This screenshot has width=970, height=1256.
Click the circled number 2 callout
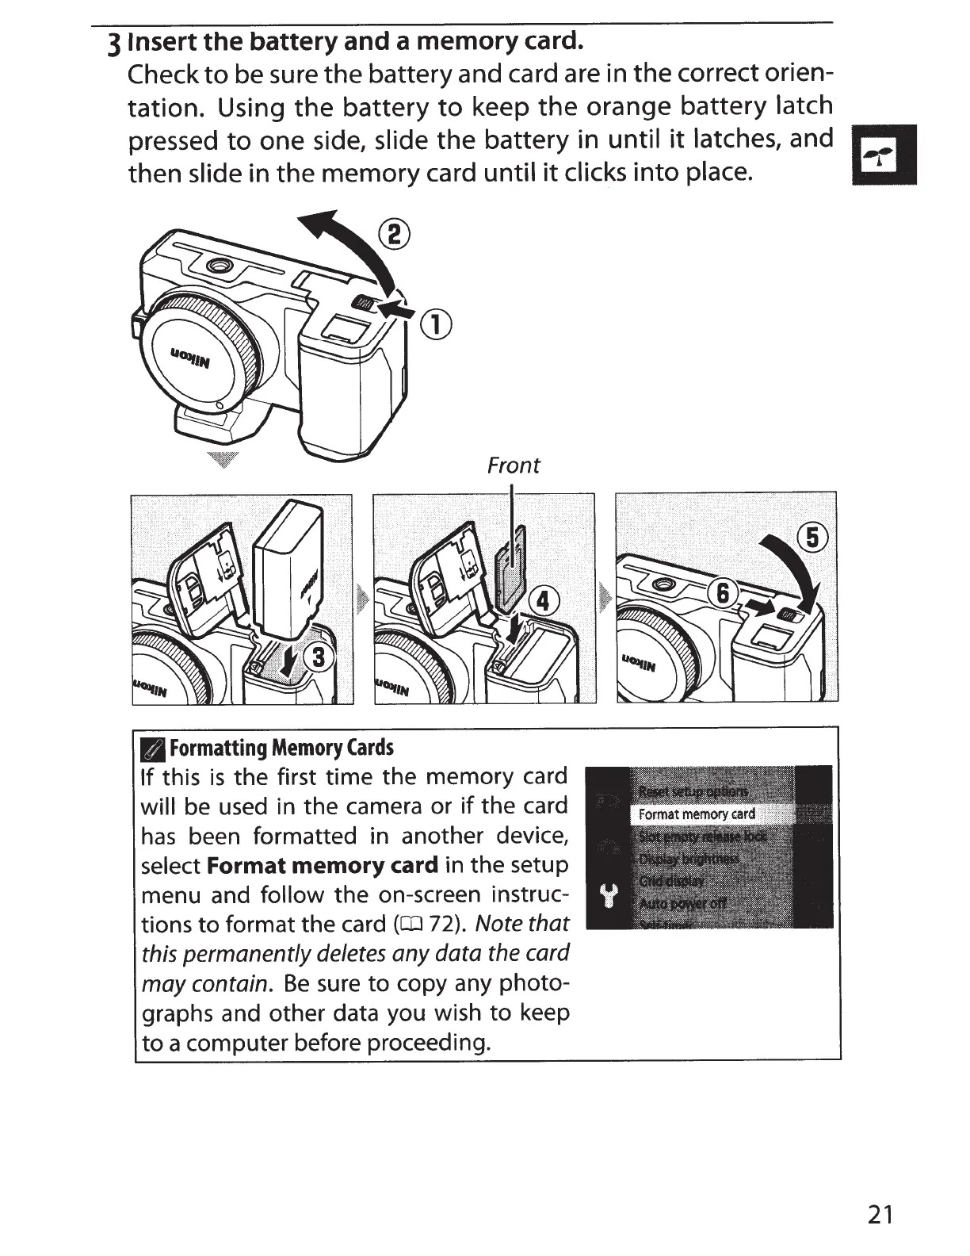[394, 235]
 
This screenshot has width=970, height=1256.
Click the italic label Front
[513, 465]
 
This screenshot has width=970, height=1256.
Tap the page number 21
[880, 1215]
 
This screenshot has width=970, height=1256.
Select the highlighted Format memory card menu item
[697, 814]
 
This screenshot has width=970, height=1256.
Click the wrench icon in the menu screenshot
[609, 898]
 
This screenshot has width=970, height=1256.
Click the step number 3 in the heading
[116, 42]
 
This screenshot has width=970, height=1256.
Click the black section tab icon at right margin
[884, 155]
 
